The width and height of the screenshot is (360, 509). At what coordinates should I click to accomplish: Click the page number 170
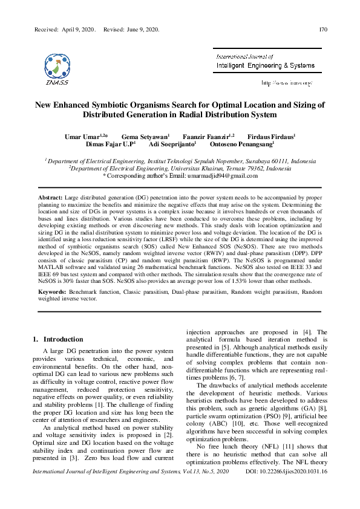pos(322,29)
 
